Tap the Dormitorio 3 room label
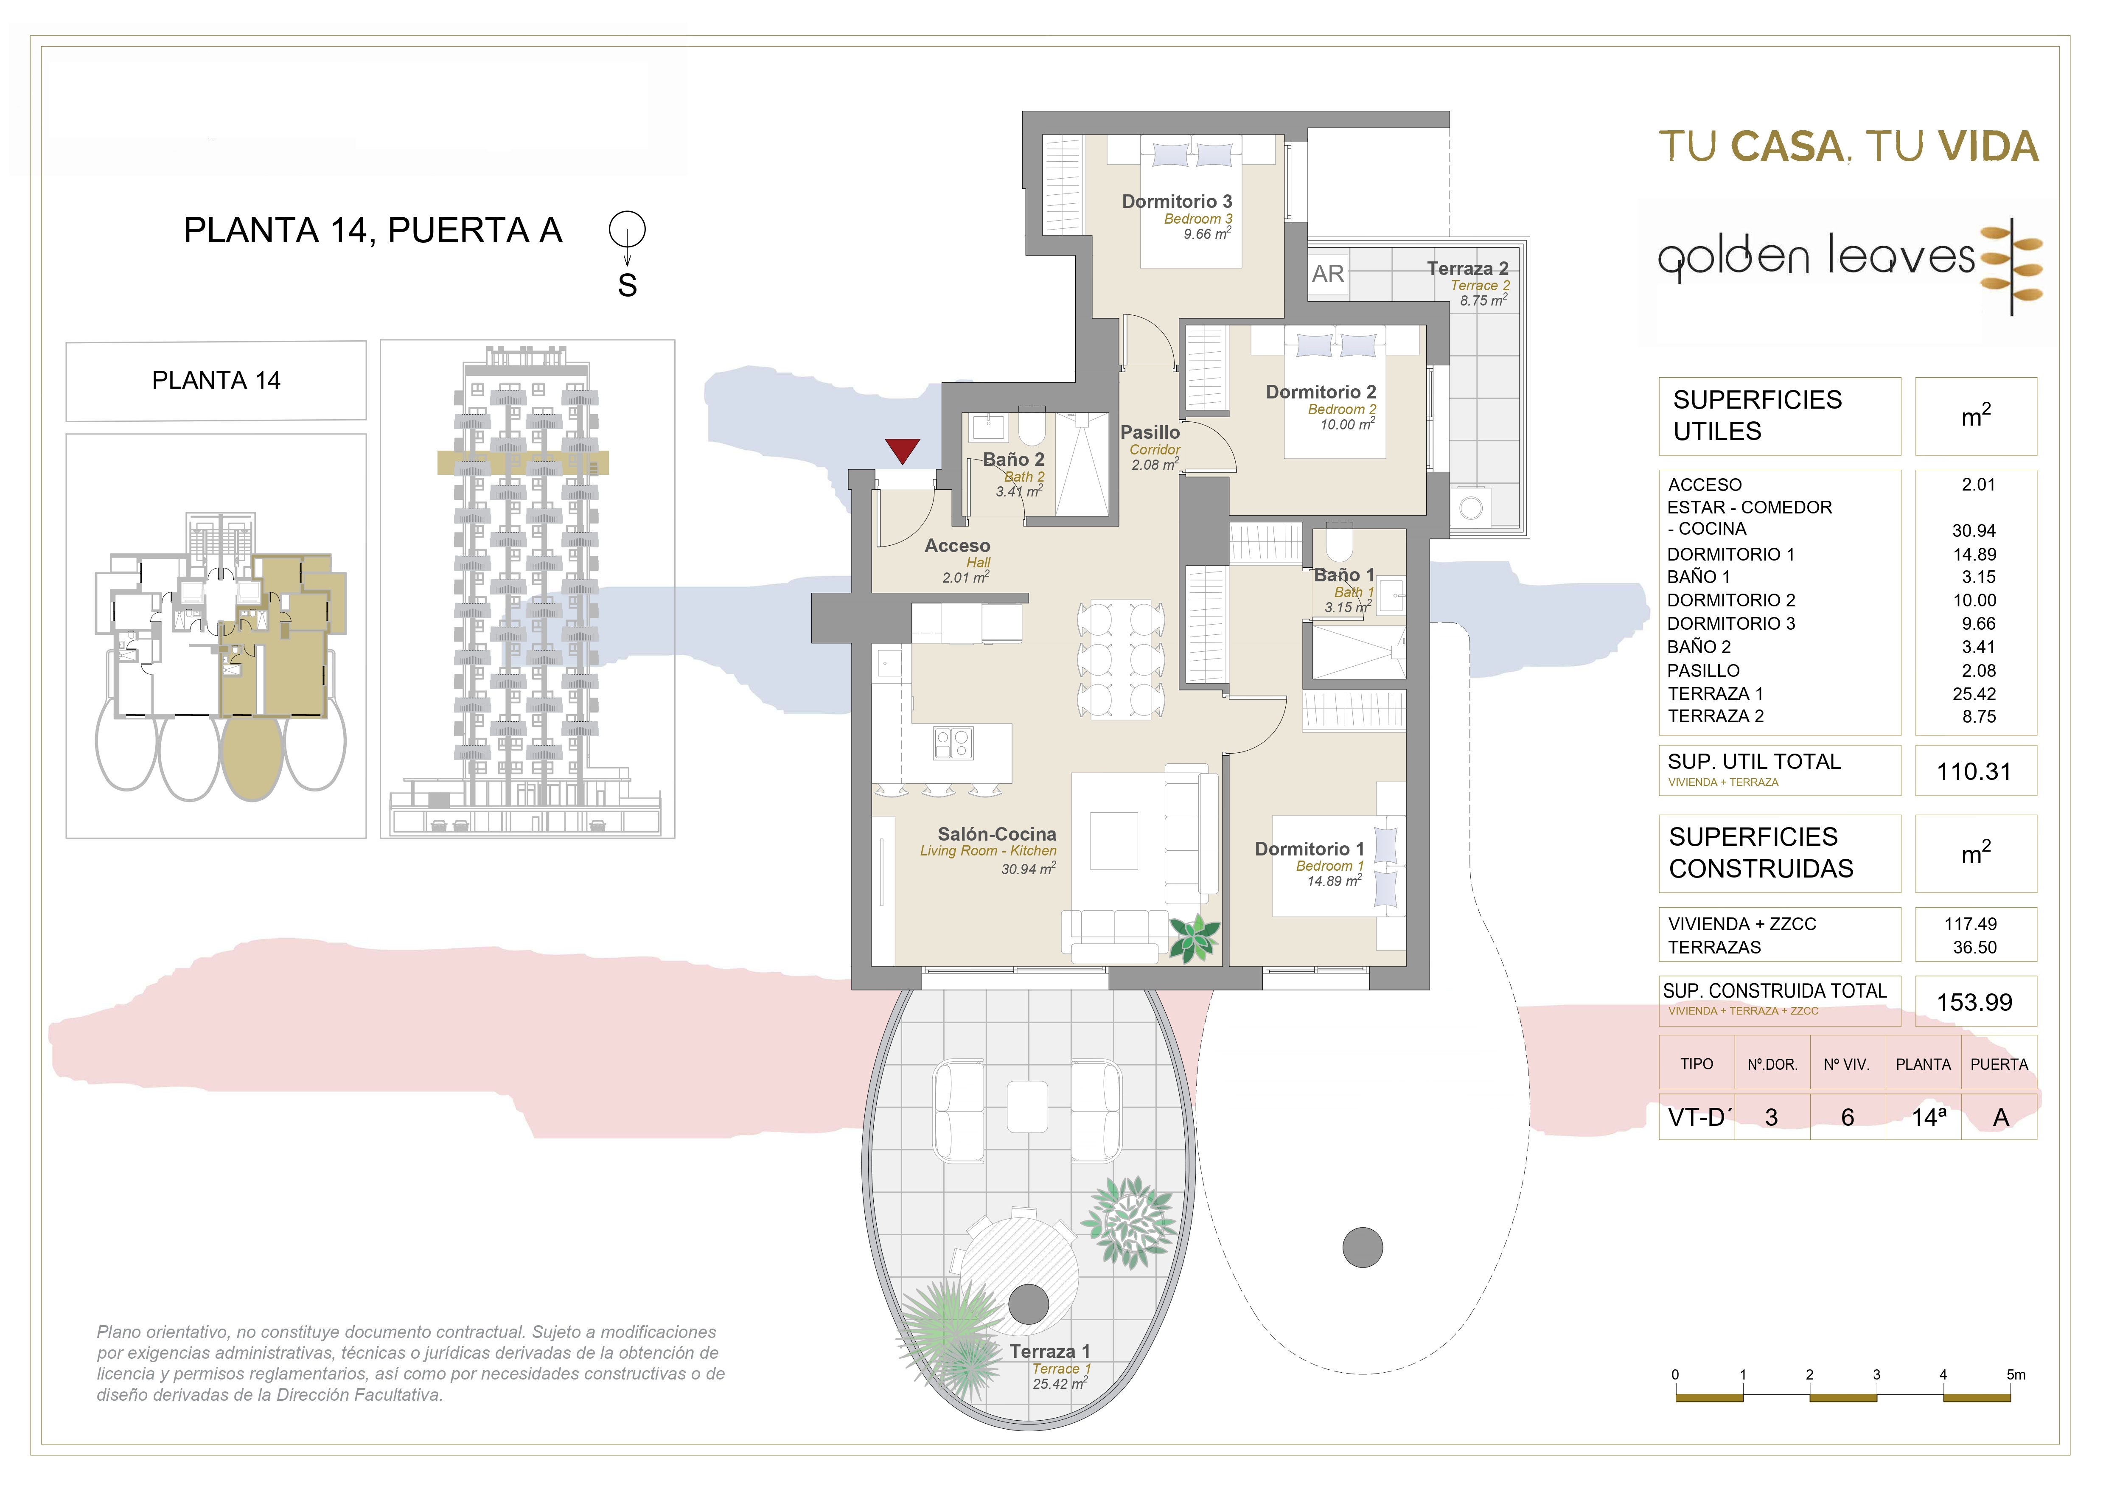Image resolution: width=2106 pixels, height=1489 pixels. pos(1177,201)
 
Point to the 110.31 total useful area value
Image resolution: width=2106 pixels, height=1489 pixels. pos(1974,771)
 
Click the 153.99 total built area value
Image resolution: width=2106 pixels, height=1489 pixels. pos(1974,1002)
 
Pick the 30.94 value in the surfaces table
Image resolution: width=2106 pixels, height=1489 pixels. pos(1974,530)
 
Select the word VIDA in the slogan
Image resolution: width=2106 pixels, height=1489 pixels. pos(1988,147)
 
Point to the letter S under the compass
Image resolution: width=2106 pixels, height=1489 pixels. pos(628,285)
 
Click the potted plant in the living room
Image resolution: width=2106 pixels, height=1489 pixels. pos(1194,938)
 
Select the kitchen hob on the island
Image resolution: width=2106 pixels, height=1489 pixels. pos(953,743)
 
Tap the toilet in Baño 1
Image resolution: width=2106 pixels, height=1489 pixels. pos(1339,542)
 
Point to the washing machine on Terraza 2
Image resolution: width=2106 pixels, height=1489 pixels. pos(1471,508)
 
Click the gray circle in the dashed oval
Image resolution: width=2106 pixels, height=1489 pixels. pos(1362,1248)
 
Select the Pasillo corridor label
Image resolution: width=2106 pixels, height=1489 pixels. pos(1150,432)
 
